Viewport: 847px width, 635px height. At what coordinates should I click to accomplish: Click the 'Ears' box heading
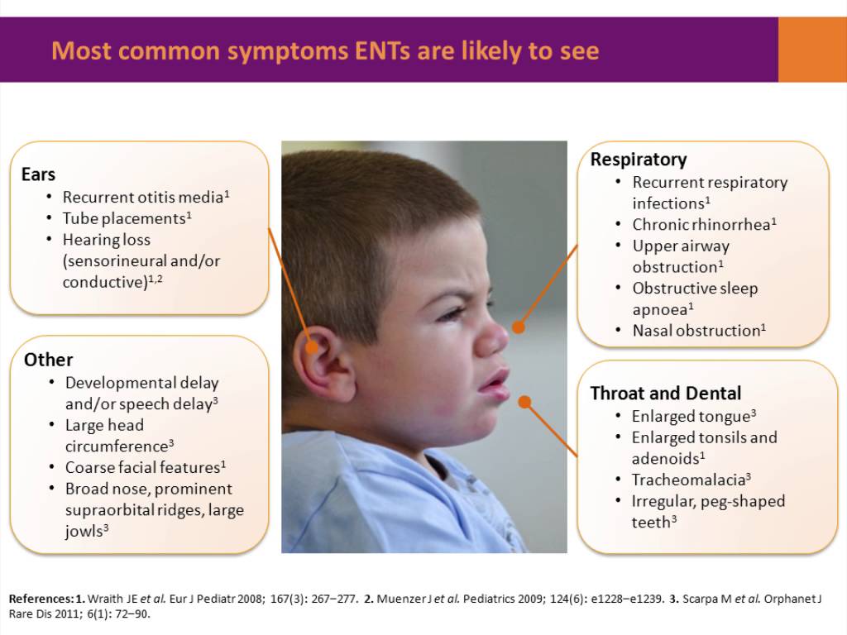click(38, 174)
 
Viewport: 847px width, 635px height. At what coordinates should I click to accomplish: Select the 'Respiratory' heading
click(638, 160)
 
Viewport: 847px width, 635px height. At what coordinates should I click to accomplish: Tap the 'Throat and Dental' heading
click(665, 394)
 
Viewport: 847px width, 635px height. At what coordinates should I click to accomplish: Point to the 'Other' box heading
click(48, 360)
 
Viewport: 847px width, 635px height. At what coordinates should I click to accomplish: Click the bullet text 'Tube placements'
click(124, 218)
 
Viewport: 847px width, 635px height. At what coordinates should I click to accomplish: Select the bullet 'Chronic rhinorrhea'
click(704, 224)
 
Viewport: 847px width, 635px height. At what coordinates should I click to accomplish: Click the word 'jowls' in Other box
click(84, 531)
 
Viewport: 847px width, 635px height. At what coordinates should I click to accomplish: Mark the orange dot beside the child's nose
click(519, 327)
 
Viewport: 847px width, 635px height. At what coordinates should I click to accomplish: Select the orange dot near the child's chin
click(524, 402)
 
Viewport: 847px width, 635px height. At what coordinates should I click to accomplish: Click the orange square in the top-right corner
click(812, 50)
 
